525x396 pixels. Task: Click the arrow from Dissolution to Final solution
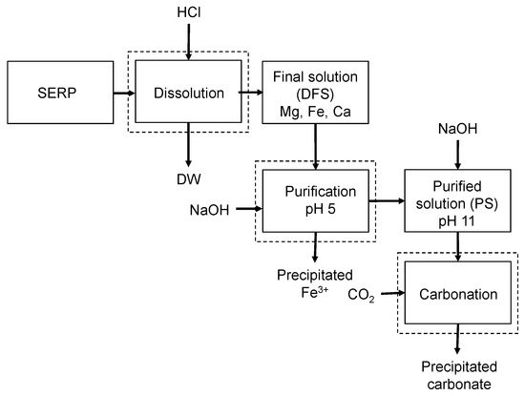(x=247, y=94)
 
